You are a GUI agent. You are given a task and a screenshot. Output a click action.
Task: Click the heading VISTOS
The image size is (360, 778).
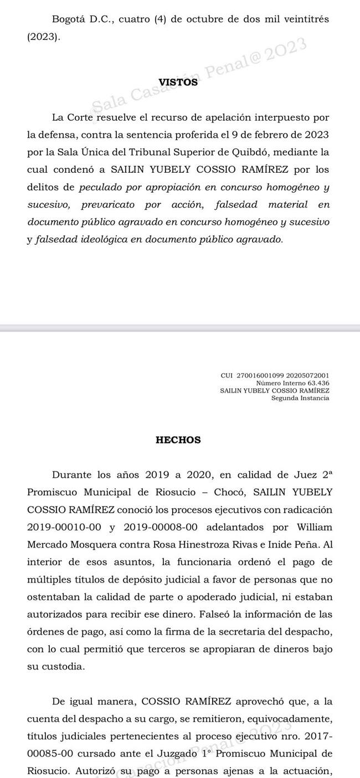click(x=178, y=83)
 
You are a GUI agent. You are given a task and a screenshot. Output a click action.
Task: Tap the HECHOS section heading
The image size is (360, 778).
click(x=178, y=440)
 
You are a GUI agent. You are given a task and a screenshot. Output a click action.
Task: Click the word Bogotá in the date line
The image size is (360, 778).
click(x=70, y=19)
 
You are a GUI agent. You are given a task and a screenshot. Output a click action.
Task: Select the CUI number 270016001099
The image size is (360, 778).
click(x=260, y=376)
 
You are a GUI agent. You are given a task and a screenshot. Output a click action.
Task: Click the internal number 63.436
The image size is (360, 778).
click(x=316, y=383)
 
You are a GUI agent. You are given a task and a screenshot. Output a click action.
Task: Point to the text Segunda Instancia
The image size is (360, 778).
click(x=300, y=398)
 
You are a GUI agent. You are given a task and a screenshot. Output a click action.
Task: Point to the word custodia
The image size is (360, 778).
click(x=65, y=651)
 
